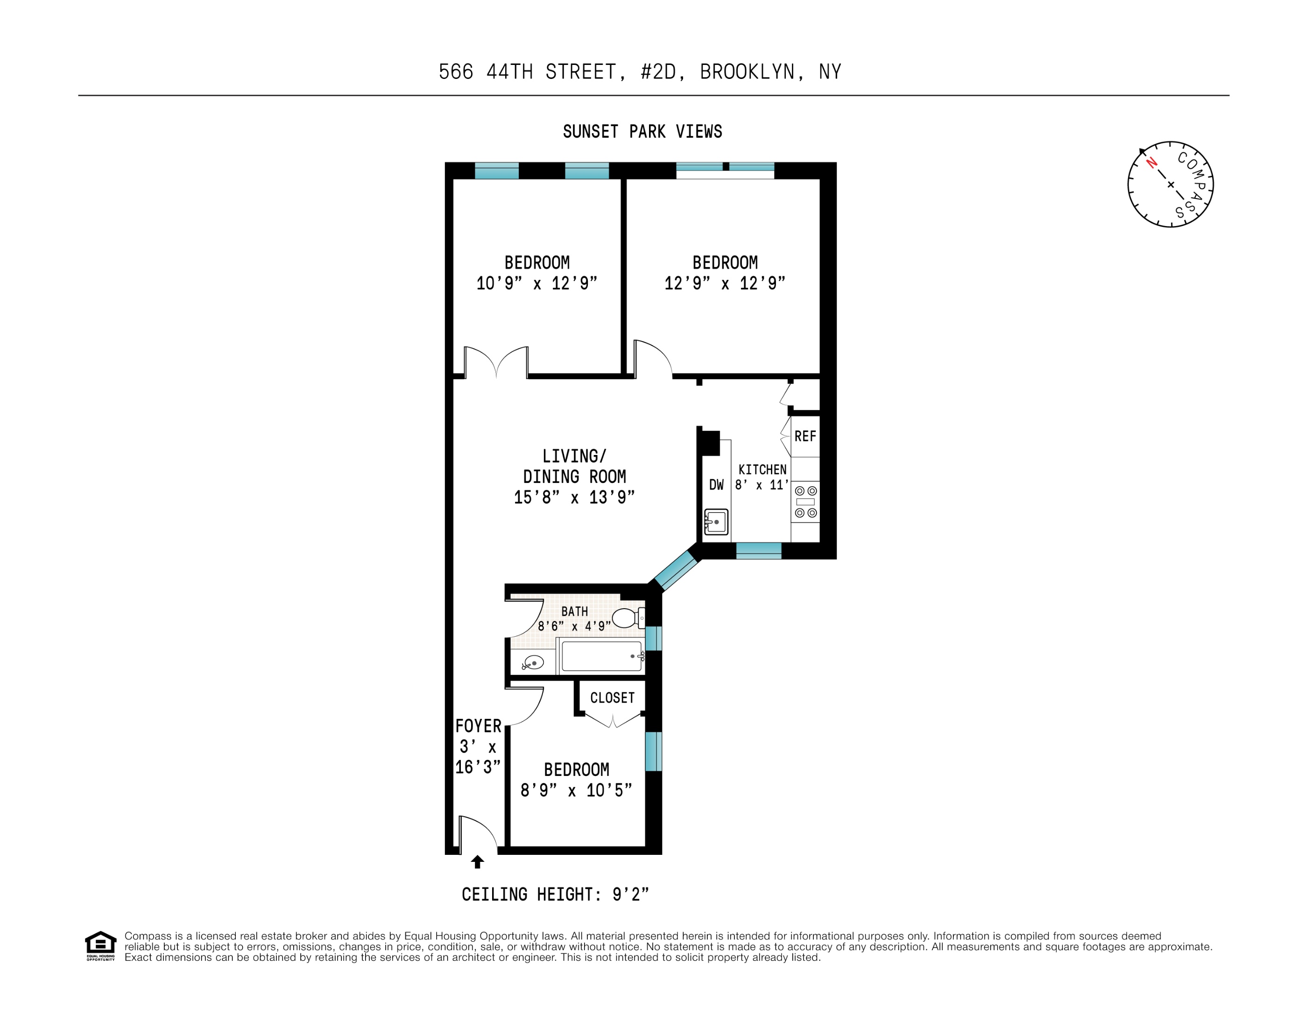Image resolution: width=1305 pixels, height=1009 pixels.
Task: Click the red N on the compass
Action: click(1151, 163)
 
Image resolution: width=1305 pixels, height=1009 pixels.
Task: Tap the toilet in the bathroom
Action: click(626, 618)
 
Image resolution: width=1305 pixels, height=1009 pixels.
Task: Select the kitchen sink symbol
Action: click(716, 522)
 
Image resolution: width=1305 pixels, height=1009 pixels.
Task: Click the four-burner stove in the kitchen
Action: click(805, 502)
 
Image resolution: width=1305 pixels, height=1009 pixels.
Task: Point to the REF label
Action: click(805, 436)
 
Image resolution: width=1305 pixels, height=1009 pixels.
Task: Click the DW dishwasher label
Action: click(716, 485)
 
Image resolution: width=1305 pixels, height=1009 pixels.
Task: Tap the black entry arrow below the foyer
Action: click(477, 861)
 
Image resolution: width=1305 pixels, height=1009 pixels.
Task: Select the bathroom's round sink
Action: click(532, 662)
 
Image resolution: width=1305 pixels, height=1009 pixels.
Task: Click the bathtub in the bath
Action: click(601, 656)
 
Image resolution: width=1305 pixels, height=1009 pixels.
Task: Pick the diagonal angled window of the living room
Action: click(676, 570)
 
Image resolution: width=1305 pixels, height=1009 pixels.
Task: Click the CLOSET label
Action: click(612, 697)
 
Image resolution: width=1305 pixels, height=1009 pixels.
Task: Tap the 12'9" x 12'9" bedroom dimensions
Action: click(724, 284)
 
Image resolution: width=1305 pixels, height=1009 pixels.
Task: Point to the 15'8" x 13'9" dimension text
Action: click(574, 497)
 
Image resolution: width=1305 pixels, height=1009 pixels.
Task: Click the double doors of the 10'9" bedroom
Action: click(496, 362)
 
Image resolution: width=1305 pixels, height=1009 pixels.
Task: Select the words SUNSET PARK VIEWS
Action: click(642, 132)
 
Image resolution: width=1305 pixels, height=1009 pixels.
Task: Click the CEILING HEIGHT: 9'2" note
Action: click(555, 894)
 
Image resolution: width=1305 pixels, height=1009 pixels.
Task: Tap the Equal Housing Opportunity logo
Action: click(100, 945)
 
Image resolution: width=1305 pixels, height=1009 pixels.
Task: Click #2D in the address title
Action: click(658, 72)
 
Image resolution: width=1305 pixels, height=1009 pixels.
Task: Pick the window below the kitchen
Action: click(758, 551)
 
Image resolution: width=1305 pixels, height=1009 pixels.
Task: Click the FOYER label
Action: click(478, 725)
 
